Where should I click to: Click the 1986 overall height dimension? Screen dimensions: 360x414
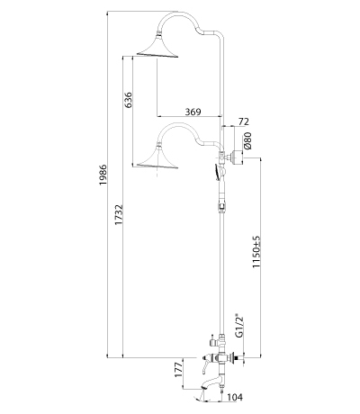tap(103, 175)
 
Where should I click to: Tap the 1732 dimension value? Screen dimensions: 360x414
tap(120, 215)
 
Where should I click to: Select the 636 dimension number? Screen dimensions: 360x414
tap(128, 100)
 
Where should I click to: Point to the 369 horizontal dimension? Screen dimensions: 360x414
tap(193, 112)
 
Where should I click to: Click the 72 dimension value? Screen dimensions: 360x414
tap(244, 121)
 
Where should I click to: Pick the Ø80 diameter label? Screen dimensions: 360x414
tap(247, 140)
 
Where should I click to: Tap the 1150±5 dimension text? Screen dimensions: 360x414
tap(256, 252)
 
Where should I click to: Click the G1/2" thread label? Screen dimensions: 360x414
tap(239, 327)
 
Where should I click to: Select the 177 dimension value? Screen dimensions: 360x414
tap(179, 370)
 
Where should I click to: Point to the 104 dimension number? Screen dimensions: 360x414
tap(235, 397)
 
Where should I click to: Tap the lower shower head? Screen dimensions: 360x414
tap(157, 157)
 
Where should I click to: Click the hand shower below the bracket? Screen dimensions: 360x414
tap(220, 172)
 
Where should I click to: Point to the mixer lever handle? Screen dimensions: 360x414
tap(204, 363)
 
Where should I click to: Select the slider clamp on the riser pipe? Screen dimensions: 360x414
tap(221, 207)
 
